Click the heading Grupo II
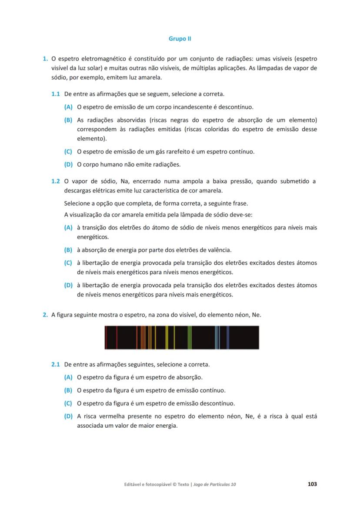[x=180, y=39]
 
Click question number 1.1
[x=55, y=94]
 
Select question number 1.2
[x=55, y=181]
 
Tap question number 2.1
[x=55, y=364]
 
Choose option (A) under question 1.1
[x=68, y=107]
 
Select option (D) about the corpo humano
[x=68, y=164]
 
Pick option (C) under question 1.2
[x=68, y=263]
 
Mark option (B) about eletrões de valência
[x=68, y=250]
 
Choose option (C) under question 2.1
[x=68, y=403]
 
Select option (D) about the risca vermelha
[x=68, y=416]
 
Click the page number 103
[x=312, y=484]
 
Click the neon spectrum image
[x=182, y=338]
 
